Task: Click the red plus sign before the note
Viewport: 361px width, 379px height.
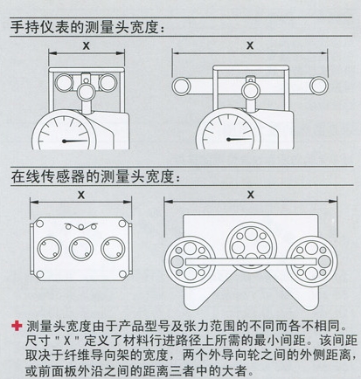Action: tap(17, 326)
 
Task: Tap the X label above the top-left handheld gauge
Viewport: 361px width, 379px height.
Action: tap(87, 45)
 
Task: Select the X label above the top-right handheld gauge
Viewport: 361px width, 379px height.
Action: tap(250, 45)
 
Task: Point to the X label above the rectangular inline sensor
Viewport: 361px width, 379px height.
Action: tap(81, 195)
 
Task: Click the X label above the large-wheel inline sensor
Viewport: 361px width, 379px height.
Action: tap(251, 195)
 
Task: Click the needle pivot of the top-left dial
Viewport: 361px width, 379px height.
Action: tap(65, 141)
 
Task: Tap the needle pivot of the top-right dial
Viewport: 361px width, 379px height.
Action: tap(229, 140)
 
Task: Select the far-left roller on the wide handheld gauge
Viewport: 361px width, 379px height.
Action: tap(181, 86)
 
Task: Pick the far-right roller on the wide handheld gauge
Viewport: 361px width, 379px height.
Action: tap(319, 86)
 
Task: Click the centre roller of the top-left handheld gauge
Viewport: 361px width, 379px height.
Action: tap(87, 92)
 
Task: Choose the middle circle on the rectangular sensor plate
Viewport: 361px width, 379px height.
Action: tap(81, 249)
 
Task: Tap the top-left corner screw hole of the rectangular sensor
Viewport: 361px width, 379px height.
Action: tap(39, 224)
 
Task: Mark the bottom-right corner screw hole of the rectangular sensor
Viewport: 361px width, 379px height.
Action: tap(122, 274)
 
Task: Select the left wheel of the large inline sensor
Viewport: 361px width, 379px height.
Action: tap(190, 261)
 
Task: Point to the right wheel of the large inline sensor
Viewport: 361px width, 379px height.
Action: tap(312, 261)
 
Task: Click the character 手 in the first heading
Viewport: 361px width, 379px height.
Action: tap(17, 28)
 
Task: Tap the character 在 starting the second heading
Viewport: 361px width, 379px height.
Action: tap(18, 176)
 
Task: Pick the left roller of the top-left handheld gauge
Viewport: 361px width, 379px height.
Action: tap(64, 83)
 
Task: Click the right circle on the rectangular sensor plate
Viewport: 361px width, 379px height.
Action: tap(113, 249)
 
